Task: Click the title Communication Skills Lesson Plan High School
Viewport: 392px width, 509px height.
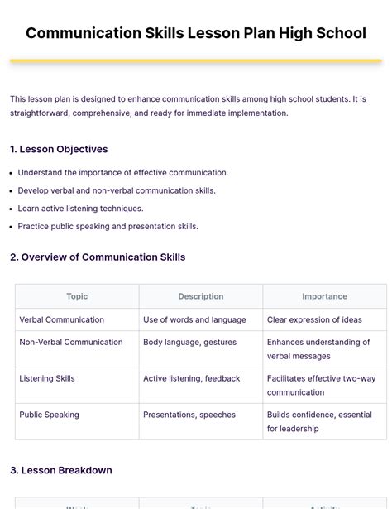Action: [x=196, y=33]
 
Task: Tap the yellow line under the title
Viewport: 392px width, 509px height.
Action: [x=196, y=60]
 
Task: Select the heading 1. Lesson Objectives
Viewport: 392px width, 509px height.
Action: [x=59, y=149]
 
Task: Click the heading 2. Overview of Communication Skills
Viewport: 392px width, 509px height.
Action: [x=98, y=257]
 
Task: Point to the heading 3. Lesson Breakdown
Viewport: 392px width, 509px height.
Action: [x=61, y=470]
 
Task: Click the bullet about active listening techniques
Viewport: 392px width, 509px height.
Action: [x=80, y=209]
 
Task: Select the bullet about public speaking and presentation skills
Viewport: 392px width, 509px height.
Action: [x=108, y=226]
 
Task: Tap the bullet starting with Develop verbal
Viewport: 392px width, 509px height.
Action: [x=116, y=190]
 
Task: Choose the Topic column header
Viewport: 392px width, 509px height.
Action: [x=77, y=296]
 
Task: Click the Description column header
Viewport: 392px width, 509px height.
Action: [x=201, y=296]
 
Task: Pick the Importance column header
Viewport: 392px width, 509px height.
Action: [x=324, y=296]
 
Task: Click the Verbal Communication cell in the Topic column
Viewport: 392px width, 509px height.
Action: [x=62, y=319]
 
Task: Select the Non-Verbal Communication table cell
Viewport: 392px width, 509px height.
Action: [x=71, y=342]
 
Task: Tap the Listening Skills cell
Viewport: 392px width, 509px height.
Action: [x=47, y=378]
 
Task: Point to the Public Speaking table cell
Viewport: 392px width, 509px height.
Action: [x=50, y=415]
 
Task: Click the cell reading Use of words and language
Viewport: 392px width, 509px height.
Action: [x=194, y=319]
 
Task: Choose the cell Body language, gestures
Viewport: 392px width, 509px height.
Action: [x=189, y=342]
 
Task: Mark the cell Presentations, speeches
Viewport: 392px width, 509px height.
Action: [x=189, y=415]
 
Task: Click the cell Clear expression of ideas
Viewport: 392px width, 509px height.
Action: [x=314, y=319]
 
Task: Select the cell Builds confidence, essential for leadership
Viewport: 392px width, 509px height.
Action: [x=319, y=421]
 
